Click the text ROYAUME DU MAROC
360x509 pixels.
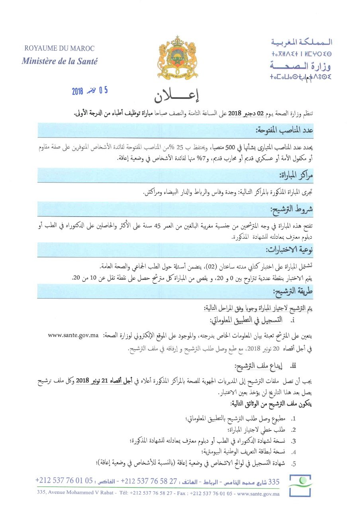(x=59, y=49)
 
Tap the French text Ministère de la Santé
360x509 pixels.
(x=59, y=61)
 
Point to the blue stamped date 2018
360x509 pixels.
(x=77, y=91)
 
